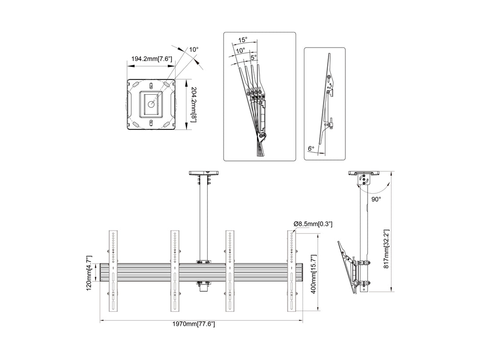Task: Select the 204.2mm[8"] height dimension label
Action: [193, 105]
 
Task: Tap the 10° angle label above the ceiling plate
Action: [193, 49]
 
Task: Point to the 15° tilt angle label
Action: [243, 40]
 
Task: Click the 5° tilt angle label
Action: [253, 57]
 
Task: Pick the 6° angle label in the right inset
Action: [311, 148]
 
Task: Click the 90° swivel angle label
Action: [376, 200]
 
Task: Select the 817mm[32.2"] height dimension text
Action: [386, 249]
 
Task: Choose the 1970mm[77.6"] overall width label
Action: [194, 324]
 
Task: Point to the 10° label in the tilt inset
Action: [240, 51]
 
